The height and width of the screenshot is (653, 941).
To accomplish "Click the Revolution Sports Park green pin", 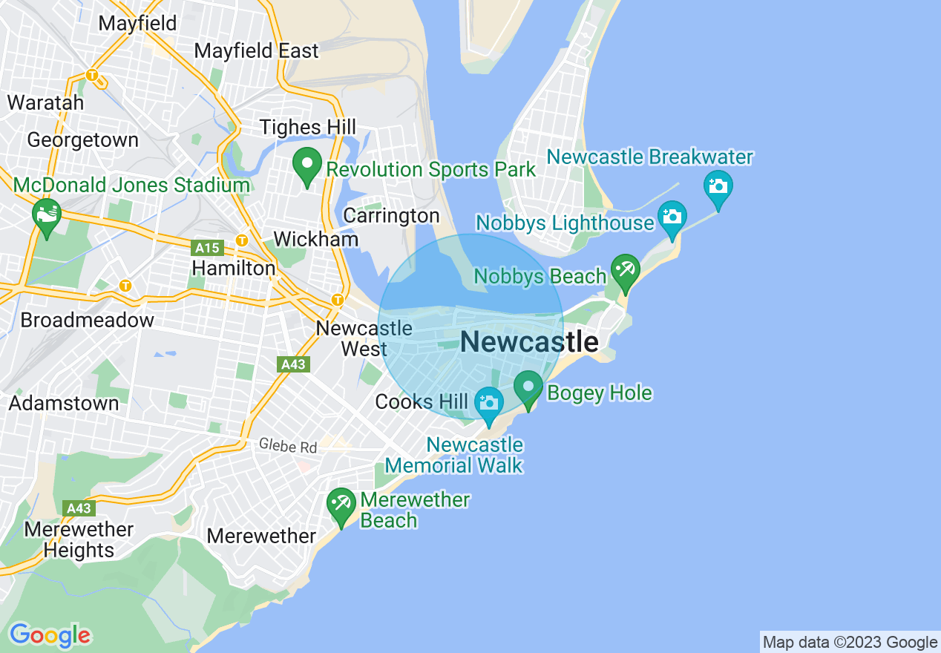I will [x=306, y=165].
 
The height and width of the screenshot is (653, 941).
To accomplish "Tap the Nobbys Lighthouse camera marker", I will [x=672, y=218].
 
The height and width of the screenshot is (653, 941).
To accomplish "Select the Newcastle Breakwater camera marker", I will [x=718, y=188].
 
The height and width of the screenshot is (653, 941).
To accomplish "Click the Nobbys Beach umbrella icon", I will [x=625, y=271].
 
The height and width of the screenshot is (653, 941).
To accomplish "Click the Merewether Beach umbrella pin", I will [x=341, y=505].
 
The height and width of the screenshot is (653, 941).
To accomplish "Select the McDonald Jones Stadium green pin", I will [x=47, y=216].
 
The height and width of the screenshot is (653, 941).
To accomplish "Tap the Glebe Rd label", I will [x=288, y=447].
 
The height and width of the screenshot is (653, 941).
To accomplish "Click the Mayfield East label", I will [x=256, y=51].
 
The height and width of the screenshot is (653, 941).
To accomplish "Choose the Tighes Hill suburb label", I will [x=307, y=128].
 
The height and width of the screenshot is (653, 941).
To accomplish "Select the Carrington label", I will [x=391, y=216].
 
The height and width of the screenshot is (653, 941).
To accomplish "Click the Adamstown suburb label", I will [x=64, y=404].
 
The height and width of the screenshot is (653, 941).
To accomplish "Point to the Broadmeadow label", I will [x=87, y=321].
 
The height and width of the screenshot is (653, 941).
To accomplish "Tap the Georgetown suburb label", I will [x=82, y=140].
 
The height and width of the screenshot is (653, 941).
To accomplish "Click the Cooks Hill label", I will [x=422, y=402].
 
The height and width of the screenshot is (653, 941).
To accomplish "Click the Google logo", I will [x=50, y=636].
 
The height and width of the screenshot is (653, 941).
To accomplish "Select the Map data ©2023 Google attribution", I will [x=850, y=643].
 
